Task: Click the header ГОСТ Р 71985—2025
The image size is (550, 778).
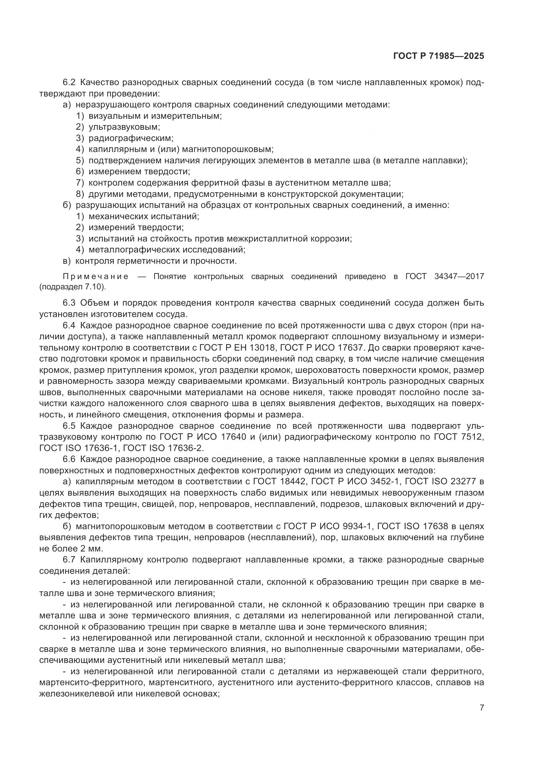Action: click(439, 56)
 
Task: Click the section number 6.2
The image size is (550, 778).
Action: click(70, 82)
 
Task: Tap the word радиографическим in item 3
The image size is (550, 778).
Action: click(131, 138)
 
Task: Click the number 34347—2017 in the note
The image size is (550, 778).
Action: click(459, 276)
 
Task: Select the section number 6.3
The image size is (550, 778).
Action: click(70, 303)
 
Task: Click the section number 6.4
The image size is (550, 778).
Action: click(70, 326)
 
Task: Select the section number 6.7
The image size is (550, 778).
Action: click(70, 560)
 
